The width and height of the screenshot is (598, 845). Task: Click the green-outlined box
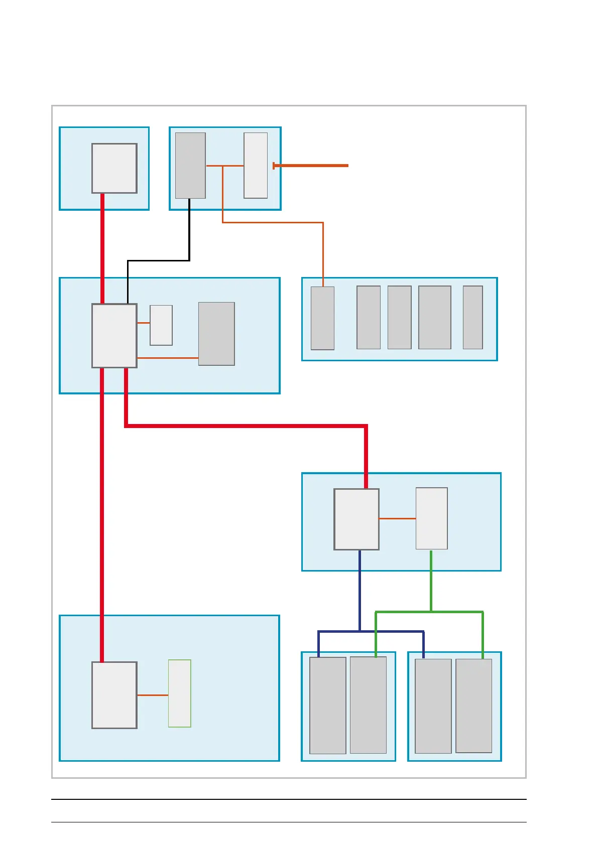click(179, 693)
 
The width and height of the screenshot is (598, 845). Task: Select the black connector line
click(159, 260)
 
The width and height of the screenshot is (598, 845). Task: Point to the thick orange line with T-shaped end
click(311, 165)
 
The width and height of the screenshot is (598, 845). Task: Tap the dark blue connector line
click(360, 592)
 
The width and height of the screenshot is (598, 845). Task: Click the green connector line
click(431, 582)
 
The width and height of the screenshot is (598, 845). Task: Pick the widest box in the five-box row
click(434, 317)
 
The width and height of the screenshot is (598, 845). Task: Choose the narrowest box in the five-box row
click(472, 317)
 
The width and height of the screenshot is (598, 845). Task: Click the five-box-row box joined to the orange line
click(322, 318)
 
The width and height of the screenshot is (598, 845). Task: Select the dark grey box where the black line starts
click(190, 165)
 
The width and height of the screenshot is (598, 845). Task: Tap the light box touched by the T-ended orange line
click(256, 165)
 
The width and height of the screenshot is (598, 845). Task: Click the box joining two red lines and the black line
click(114, 335)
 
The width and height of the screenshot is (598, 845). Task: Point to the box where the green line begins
click(431, 518)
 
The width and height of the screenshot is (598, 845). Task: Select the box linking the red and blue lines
click(356, 519)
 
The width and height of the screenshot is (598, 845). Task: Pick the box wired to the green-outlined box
click(114, 695)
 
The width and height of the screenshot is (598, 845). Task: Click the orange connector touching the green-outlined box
click(153, 695)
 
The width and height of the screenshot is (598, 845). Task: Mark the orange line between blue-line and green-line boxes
click(397, 518)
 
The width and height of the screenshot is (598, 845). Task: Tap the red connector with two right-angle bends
click(246, 426)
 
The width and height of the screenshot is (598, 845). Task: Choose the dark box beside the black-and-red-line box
click(216, 334)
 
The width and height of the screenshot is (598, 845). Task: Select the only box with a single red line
click(114, 168)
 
